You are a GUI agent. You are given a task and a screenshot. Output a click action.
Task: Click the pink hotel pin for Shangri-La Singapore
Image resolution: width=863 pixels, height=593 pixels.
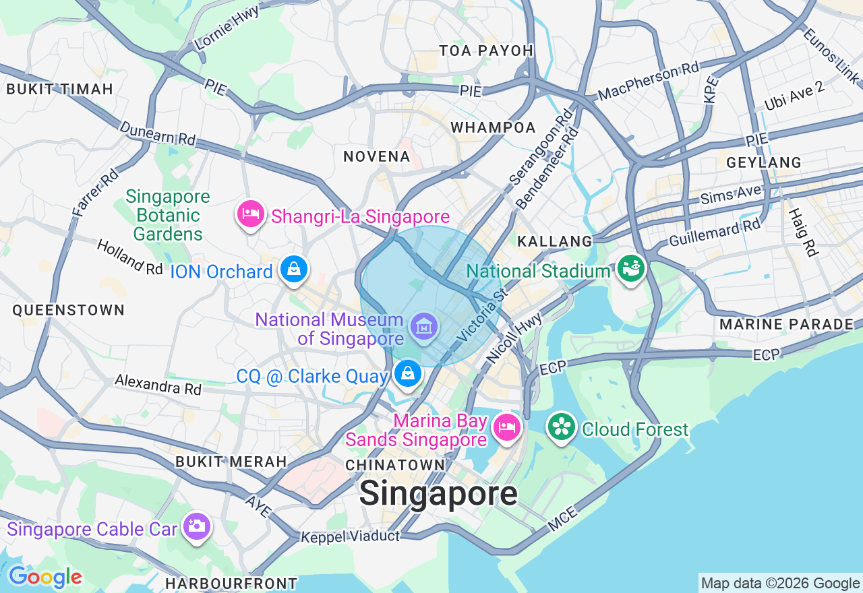tap(250, 215)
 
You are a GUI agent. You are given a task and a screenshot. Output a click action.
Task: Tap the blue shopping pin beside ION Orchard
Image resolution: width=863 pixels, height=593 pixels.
tap(294, 270)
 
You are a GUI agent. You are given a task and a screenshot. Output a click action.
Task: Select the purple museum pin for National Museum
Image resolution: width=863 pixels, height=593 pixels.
tap(423, 327)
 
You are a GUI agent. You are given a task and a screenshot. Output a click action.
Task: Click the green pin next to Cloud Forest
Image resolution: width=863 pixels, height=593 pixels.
tap(561, 427)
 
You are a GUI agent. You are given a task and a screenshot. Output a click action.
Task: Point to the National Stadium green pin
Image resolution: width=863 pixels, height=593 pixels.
tap(632, 269)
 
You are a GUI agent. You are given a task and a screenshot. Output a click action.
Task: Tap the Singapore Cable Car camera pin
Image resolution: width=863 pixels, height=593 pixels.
tap(197, 527)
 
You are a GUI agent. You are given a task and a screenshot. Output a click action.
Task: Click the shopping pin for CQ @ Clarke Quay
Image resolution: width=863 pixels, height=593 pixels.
tap(407, 374)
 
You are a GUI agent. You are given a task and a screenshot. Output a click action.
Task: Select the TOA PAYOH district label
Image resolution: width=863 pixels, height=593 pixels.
tap(485, 51)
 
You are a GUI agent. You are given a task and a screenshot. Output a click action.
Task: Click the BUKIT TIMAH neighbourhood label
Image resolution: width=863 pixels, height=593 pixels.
tap(59, 89)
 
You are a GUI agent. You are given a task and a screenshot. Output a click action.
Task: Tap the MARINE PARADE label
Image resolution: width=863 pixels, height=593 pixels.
tap(786, 324)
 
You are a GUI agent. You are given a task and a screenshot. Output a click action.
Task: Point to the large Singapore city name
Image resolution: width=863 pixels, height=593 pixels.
tap(438, 494)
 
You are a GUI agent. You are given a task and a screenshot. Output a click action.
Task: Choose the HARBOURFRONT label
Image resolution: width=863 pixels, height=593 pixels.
tap(231, 584)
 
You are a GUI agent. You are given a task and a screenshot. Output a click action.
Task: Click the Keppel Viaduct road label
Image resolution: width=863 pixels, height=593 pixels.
tap(350, 537)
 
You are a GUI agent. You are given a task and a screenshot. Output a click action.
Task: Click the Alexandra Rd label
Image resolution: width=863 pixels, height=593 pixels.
tap(158, 384)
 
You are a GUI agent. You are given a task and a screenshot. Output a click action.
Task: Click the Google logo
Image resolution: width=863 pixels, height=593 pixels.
tap(45, 577)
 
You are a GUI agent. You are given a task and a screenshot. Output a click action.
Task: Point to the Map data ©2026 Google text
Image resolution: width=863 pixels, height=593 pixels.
tap(780, 584)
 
